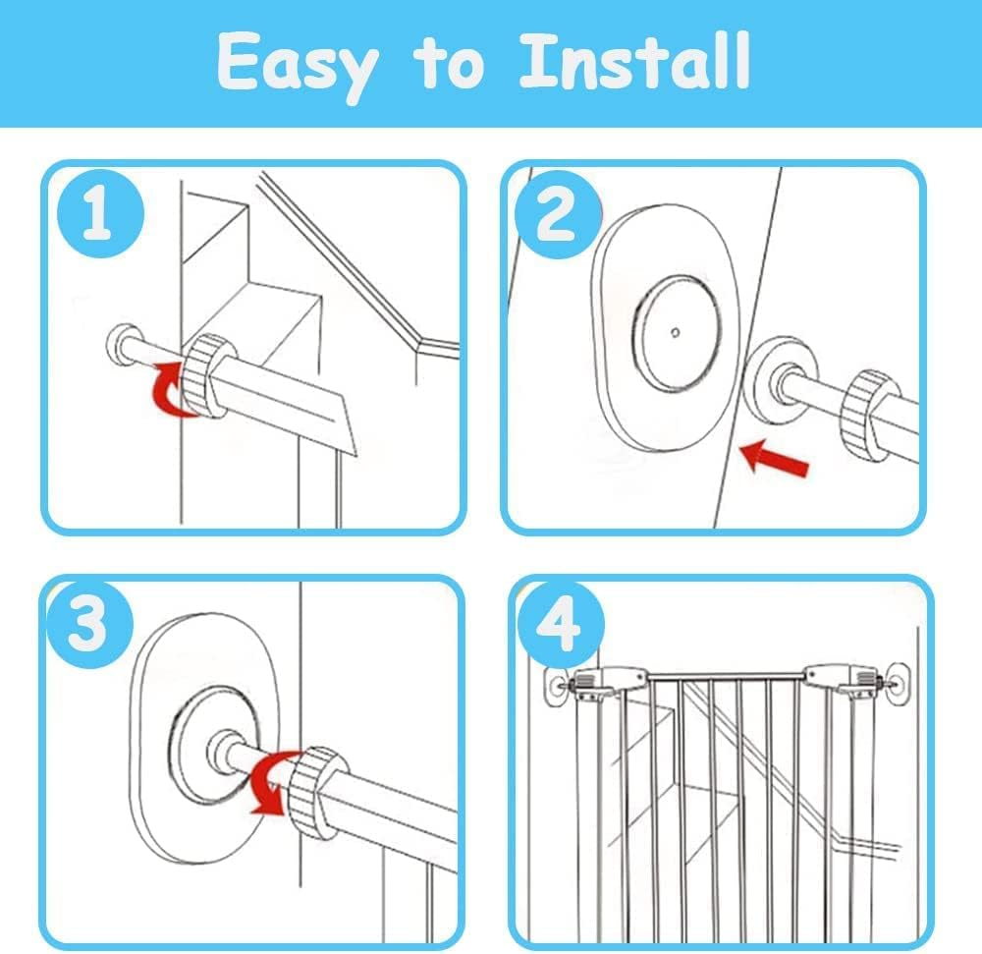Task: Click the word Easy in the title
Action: click(296, 64)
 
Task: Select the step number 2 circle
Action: click(556, 213)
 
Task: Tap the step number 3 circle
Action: click(87, 625)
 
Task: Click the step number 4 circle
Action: click(560, 627)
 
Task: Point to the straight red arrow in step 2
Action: click(775, 459)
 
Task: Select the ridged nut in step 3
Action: click(317, 792)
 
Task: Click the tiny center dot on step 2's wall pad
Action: click(674, 332)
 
